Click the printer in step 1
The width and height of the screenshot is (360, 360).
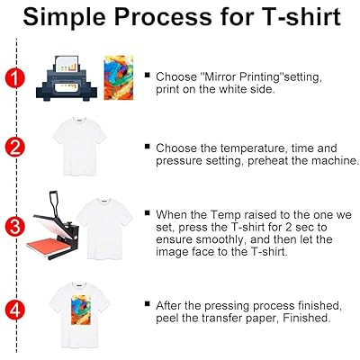(67, 78)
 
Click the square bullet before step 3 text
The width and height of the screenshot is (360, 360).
(148, 215)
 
